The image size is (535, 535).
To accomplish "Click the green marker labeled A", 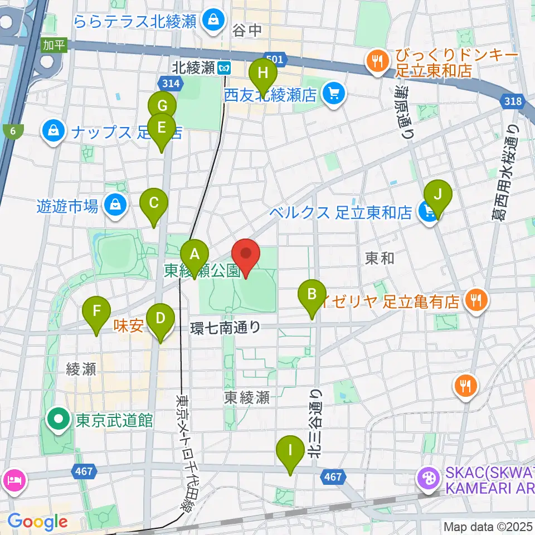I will (194, 255).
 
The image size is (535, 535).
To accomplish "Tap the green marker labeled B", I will (312, 294).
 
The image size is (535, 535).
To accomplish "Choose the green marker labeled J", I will (438, 195).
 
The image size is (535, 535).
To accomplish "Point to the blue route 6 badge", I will (12, 132).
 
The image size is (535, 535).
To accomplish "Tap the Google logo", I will (37, 522).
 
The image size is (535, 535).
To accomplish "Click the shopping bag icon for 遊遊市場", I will (115, 206).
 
